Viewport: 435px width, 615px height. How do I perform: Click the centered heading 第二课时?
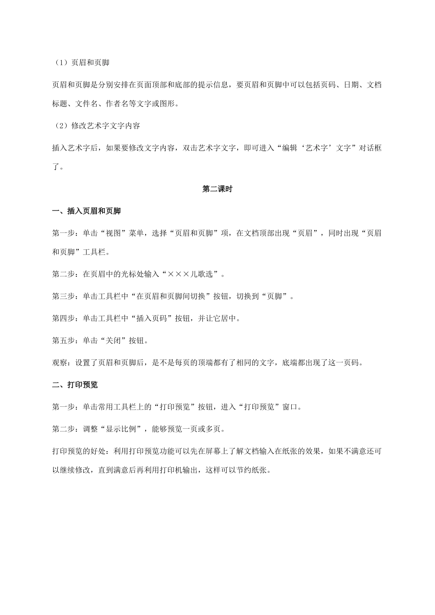pyautogui.click(x=217, y=189)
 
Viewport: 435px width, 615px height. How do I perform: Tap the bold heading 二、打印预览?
pyautogui.click(x=75, y=385)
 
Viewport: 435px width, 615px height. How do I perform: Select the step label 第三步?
pyautogui.click(x=63, y=296)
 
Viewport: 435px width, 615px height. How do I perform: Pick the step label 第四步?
pyautogui.click(x=63, y=318)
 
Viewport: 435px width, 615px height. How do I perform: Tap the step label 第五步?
pyautogui.click(x=63, y=340)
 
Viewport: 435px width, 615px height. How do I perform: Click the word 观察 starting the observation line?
pyautogui.click(x=60, y=363)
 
